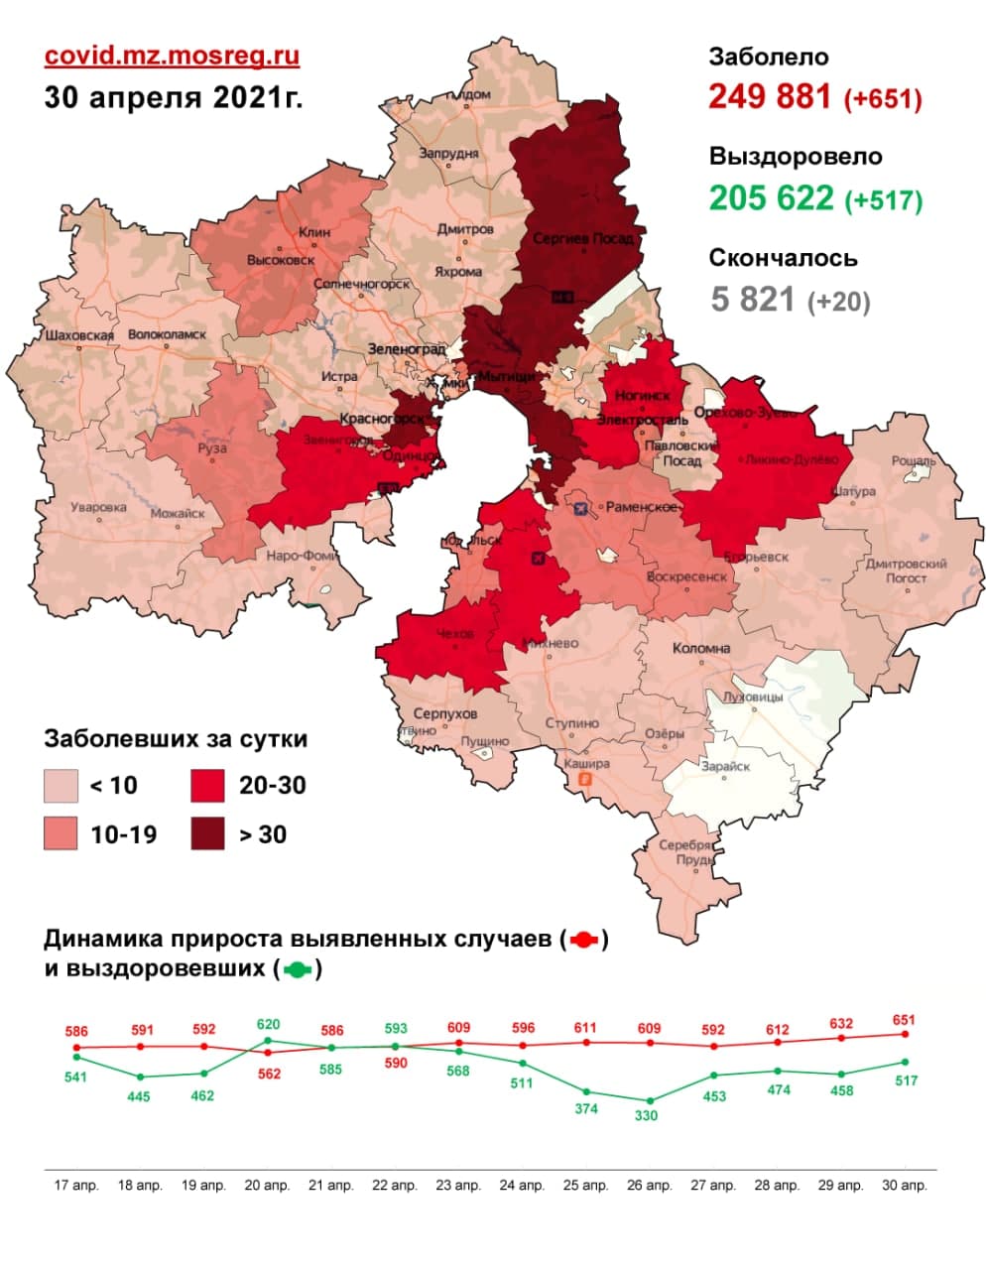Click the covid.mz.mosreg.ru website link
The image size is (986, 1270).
(x=172, y=56)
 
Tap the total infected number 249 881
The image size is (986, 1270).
(x=770, y=97)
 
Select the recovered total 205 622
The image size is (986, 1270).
(x=771, y=198)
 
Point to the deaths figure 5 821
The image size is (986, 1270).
(x=753, y=298)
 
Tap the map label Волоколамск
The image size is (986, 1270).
(x=167, y=334)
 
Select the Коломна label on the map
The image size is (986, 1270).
(x=701, y=648)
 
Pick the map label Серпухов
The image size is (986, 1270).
(x=444, y=713)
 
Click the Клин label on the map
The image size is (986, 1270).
(x=314, y=232)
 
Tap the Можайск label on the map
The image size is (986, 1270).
(x=178, y=514)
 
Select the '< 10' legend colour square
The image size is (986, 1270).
(x=62, y=786)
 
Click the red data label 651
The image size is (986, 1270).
(x=904, y=1020)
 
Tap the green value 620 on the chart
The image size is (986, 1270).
(x=268, y=1025)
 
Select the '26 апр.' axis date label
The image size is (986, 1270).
(x=649, y=1186)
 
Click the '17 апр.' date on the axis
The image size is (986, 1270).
(x=76, y=1186)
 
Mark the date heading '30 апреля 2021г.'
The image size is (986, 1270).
(x=174, y=98)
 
